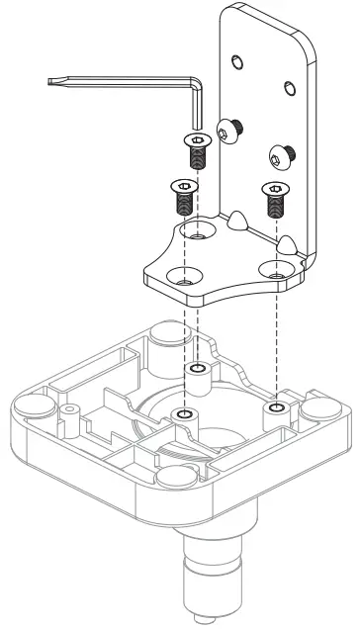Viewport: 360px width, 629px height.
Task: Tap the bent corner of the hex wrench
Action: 199,90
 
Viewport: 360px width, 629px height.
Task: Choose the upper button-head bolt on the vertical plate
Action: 231,130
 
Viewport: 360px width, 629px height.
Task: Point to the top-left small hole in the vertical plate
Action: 234,62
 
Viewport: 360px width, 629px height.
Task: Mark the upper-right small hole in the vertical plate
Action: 289,89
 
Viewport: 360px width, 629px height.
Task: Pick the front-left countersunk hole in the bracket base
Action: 181,278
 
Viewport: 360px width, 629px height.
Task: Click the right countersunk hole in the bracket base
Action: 274,268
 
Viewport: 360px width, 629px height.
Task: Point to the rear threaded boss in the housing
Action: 198,371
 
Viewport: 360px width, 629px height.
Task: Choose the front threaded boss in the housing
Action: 182,412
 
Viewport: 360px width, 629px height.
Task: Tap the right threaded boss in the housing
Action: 274,406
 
